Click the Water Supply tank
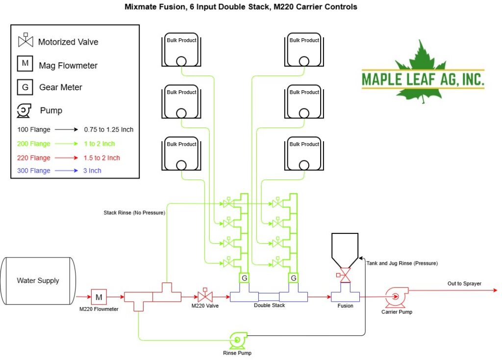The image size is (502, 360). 38,281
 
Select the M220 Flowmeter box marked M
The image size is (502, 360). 99,297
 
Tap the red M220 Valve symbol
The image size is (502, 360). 205,295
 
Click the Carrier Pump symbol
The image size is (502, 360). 396,297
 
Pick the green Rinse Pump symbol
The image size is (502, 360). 238,340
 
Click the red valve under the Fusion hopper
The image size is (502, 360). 344,275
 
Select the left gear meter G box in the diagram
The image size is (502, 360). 244,278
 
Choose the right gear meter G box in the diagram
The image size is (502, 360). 293,278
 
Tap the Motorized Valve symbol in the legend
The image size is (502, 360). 25,40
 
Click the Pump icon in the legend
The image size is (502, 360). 24,110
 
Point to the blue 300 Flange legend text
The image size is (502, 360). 34,171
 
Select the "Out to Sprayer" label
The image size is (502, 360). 464,283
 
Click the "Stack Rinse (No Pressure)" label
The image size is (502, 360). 134,213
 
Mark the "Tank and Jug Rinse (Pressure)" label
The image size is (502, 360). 402,263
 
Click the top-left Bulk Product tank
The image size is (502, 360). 181,50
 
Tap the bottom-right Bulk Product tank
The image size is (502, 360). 304,154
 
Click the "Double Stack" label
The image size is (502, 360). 269,305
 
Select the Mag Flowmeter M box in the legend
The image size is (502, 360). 25,63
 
